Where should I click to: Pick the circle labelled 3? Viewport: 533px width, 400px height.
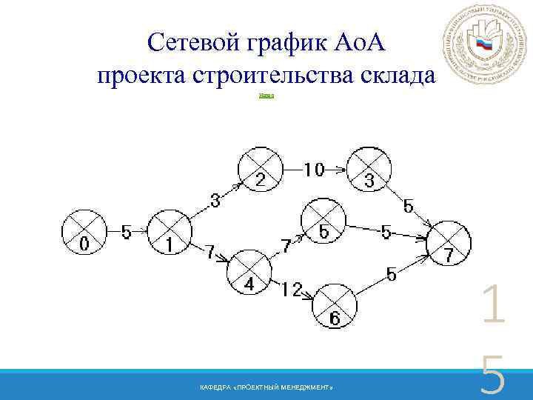pyautogui.click(x=368, y=170)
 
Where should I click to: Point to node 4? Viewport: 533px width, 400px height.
pyautogui.click(x=249, y=272)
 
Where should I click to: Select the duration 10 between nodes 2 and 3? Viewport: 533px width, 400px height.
pyautogui.click(x=314, y=170)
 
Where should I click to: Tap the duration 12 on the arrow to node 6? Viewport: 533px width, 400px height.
pyautogui.click(x=292, y=290)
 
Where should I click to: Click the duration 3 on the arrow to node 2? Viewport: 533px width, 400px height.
pyautogui.click(x=215, y=199)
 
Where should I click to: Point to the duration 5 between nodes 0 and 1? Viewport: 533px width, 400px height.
pyautogui.click(x=127, y=232)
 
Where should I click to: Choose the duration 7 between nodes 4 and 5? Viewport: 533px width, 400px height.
pyautogui.click(x=286, y=246)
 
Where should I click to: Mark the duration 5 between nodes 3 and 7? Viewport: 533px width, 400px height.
pyautogui.click(x=408, y=205)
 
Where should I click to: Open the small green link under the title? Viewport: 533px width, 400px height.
pyautogui.click(x=266, y=96)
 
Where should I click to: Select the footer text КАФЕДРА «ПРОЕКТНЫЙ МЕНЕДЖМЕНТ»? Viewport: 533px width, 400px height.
pyautogui.click(x=266, y=388)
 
